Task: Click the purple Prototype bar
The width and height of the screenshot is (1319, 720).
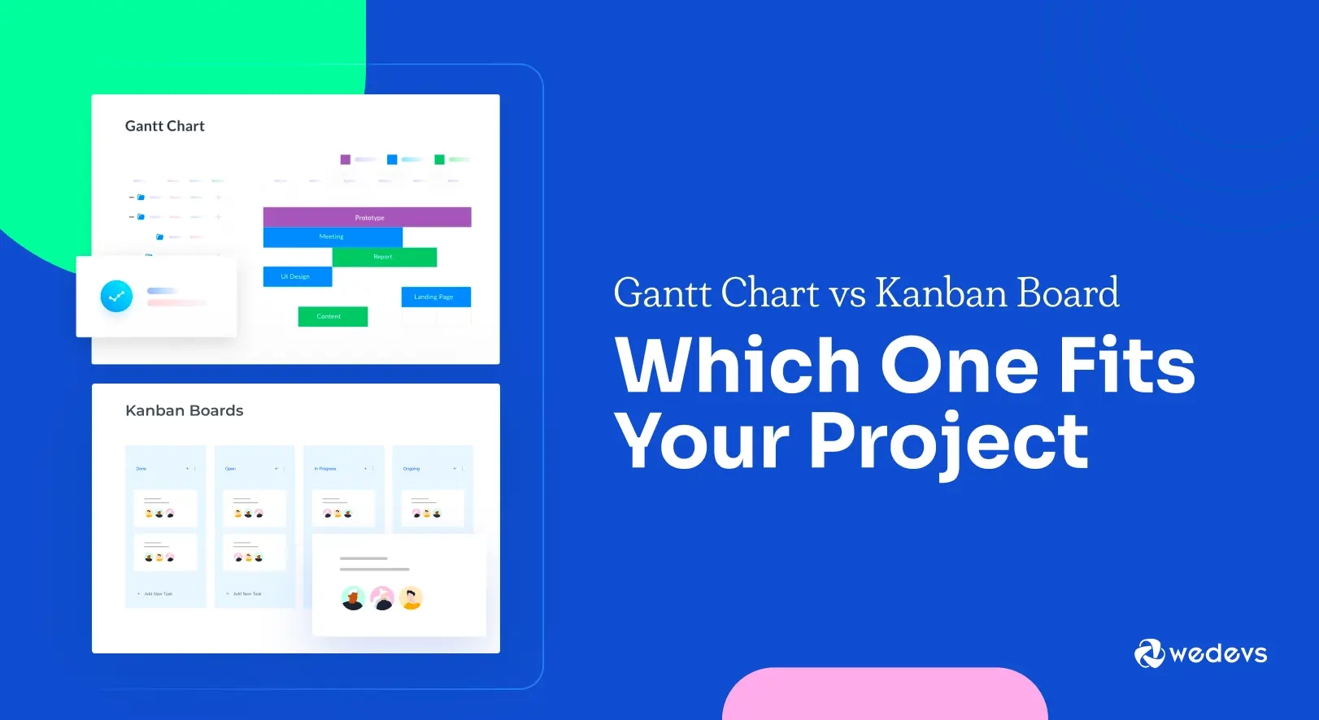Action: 367,217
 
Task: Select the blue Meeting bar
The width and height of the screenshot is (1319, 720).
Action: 333,236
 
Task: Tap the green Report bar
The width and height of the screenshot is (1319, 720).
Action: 384,257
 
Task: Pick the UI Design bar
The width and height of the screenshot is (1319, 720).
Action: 297,276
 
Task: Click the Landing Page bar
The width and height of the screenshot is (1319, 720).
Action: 435,297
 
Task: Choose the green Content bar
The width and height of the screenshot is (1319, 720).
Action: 333,316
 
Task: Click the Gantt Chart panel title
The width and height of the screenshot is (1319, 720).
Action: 165,126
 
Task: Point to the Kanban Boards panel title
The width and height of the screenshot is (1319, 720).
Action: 185,410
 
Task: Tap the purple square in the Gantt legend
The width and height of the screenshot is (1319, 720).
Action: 346,159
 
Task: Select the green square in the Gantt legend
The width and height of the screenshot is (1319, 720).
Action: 439,159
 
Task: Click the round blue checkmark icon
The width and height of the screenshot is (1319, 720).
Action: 116,296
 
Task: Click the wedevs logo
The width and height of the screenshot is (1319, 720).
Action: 1200,653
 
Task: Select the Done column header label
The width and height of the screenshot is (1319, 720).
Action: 141,469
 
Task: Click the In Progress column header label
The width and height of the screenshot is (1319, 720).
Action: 325,469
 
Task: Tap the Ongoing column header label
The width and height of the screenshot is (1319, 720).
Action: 411,469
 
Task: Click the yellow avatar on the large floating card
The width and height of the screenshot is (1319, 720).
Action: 411,598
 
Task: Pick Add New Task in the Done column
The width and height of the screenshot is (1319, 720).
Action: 158,594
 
